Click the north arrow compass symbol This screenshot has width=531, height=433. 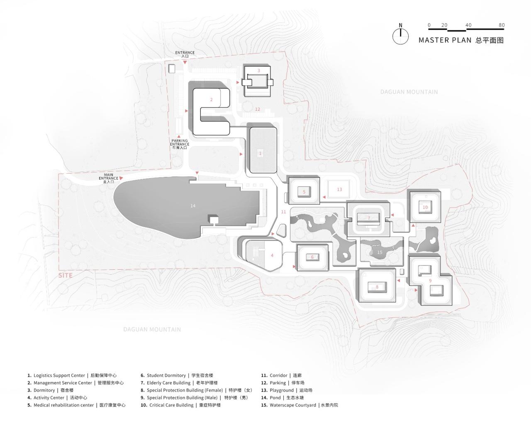point(400,36)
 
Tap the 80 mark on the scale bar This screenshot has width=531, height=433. point(502,25)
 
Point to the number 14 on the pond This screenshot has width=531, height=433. point(192,206)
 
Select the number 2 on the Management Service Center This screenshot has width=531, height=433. point(211,100)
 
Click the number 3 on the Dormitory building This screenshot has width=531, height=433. point(258,71)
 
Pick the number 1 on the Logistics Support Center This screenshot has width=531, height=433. point(260,153)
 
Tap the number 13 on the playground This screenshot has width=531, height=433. point(339,189)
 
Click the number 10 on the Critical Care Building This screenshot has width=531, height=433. point(425,207)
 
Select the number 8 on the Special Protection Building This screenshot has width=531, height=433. point(377,287)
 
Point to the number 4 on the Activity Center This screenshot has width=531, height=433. point(272,255)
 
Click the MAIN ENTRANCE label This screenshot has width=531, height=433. point(108,179)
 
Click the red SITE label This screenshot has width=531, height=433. point(66,275)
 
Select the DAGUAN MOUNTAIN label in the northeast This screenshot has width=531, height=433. point(409,92)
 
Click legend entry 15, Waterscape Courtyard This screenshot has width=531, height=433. point(300,405)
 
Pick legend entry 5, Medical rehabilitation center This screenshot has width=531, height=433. point(77,405)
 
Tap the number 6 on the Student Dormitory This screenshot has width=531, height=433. point(312,257)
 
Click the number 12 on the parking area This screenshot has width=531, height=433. point(258,109)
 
